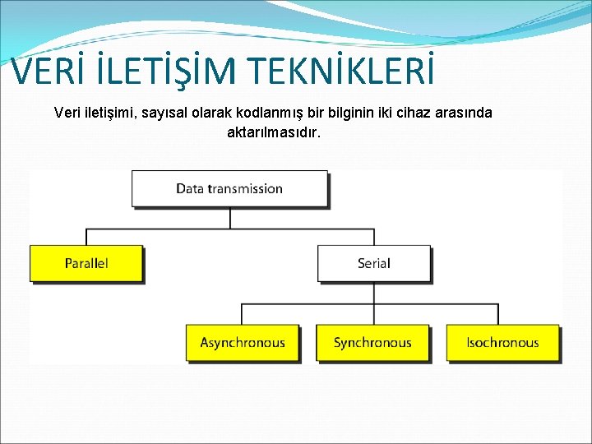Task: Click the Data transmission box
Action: pos(229,188)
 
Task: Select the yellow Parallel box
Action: pos(86,263)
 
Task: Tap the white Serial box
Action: pos(374,263)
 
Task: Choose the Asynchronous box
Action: pos(243,343)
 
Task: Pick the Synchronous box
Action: pos(372,343)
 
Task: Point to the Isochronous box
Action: pos(502,343)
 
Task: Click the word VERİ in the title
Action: pos(45,72)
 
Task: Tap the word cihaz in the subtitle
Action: pos(408,113)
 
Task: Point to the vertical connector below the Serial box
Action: pos(374,293)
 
